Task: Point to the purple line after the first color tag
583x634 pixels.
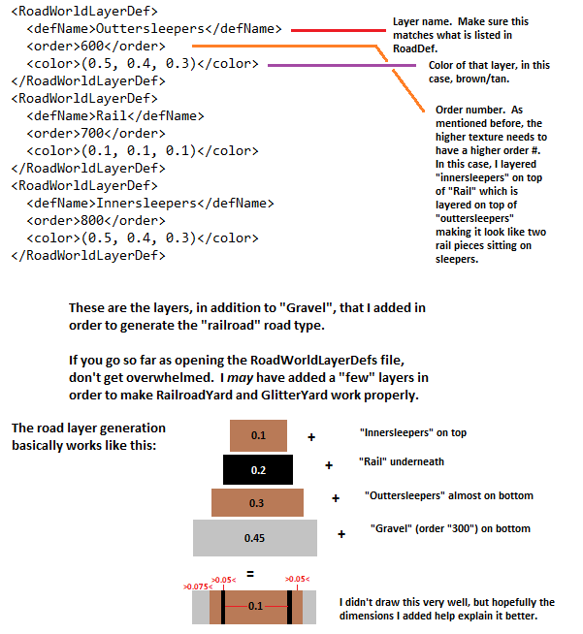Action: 326,65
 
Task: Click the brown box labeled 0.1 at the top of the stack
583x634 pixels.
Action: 258,435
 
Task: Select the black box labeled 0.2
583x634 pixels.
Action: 258,469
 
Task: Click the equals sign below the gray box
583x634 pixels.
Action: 249,574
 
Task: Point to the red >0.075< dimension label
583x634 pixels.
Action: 196,586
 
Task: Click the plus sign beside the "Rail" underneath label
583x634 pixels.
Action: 329,465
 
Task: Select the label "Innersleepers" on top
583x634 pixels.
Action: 401,432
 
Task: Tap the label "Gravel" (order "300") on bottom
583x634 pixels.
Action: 449,528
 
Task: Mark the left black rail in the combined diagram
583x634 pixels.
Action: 223,606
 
